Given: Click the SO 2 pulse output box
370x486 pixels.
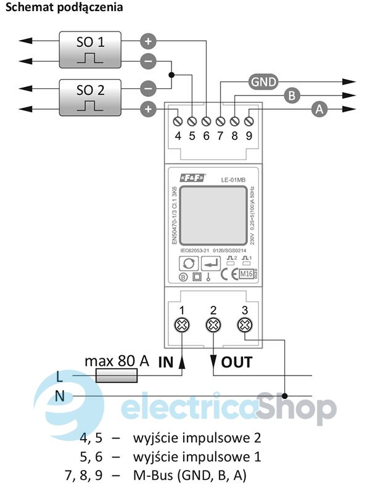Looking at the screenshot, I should click(x=90, y=97).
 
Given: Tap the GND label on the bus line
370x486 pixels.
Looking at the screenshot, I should click(x=263, y=81).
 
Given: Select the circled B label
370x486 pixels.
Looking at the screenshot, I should click(x=292, y=95).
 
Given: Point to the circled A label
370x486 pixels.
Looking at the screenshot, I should click(x=319, y=109).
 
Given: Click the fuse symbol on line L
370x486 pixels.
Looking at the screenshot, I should click(x=118, y=376).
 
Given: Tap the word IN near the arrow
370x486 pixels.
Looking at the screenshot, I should click(x=166, y=362).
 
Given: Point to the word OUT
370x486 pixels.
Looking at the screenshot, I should click(x=236, y=362).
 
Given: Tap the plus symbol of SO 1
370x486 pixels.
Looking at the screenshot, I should click(x=148, y=42).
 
